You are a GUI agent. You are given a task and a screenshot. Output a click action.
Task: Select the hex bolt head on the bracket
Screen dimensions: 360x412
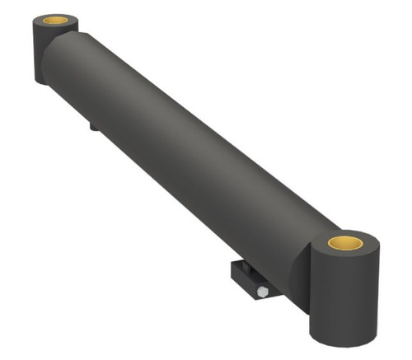[x=261, y=292]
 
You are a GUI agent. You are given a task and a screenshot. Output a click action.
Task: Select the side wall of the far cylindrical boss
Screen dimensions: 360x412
[x=43, y=54]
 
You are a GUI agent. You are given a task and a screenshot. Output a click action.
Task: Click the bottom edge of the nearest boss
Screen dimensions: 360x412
[x=341, y=343]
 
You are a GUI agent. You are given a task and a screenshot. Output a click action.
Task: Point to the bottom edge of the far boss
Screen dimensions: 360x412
[x=41, y=82]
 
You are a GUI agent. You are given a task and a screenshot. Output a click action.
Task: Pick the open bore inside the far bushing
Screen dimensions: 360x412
[x=56, y=19]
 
